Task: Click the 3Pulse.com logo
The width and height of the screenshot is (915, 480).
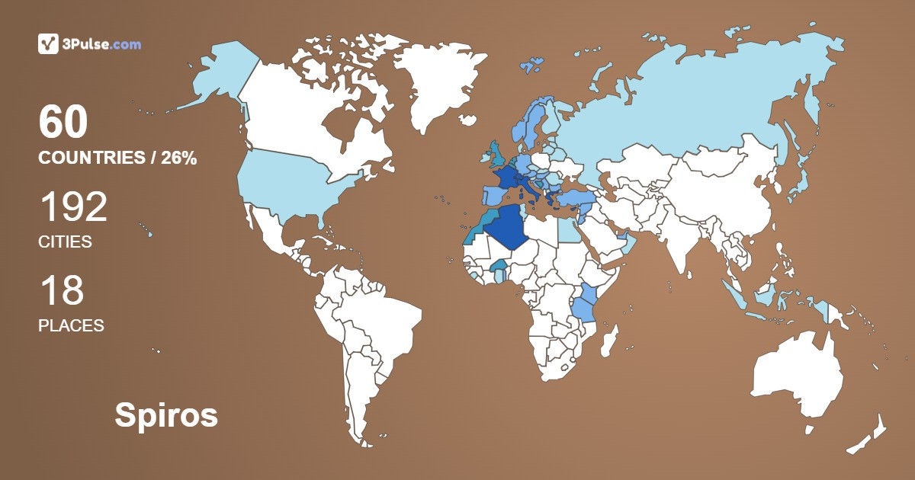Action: (89, 44)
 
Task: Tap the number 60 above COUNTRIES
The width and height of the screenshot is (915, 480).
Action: (63, 122)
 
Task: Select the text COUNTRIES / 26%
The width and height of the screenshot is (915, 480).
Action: (117, 158)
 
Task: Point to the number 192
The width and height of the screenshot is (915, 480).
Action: (72, 206)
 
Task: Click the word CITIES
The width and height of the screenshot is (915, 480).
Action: (65, 242)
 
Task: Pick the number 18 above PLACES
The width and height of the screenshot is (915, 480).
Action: (61, 290)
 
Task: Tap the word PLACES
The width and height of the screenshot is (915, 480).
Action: (71, 325)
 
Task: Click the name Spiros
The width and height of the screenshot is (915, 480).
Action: (166, 416)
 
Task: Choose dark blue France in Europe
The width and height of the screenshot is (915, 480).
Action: (502, 178)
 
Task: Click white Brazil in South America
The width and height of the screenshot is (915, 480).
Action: (389, 320)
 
